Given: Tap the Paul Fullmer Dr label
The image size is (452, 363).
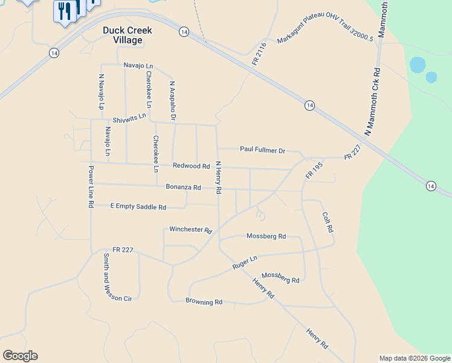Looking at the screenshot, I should pos(262,149).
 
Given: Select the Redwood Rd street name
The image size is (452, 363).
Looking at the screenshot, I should pos(191,166).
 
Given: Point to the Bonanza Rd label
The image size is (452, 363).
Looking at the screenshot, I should pos(183,188).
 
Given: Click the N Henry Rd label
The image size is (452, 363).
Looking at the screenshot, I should pos(218,177).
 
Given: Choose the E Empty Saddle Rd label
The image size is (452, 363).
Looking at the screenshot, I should pos(138,207).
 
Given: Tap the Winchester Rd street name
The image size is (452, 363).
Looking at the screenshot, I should pos(191,230).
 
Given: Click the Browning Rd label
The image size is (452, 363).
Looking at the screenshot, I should pos(204,301).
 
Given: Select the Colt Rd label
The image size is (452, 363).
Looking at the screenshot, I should pos(328,222).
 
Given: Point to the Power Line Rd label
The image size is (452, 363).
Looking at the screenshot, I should pos(91,187).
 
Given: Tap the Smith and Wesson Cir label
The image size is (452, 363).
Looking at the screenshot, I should pos(108,277).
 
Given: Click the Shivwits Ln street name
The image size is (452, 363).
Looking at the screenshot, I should pos(129,117).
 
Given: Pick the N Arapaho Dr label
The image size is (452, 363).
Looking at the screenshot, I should pos(172,97).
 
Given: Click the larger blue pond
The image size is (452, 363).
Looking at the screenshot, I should pos(418,64).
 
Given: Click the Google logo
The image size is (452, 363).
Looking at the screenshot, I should pos(20,356).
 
